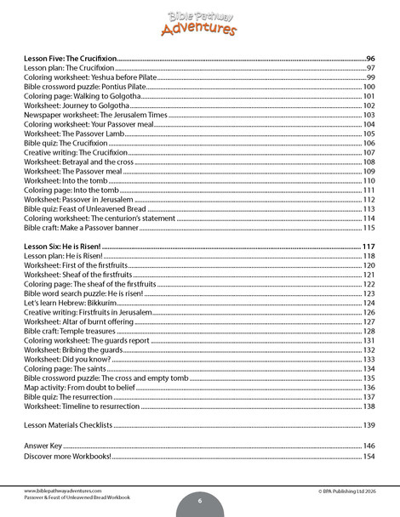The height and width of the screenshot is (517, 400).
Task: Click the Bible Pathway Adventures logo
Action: coord(199,22)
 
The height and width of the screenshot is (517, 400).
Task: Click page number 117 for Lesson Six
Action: coord(369,246)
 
